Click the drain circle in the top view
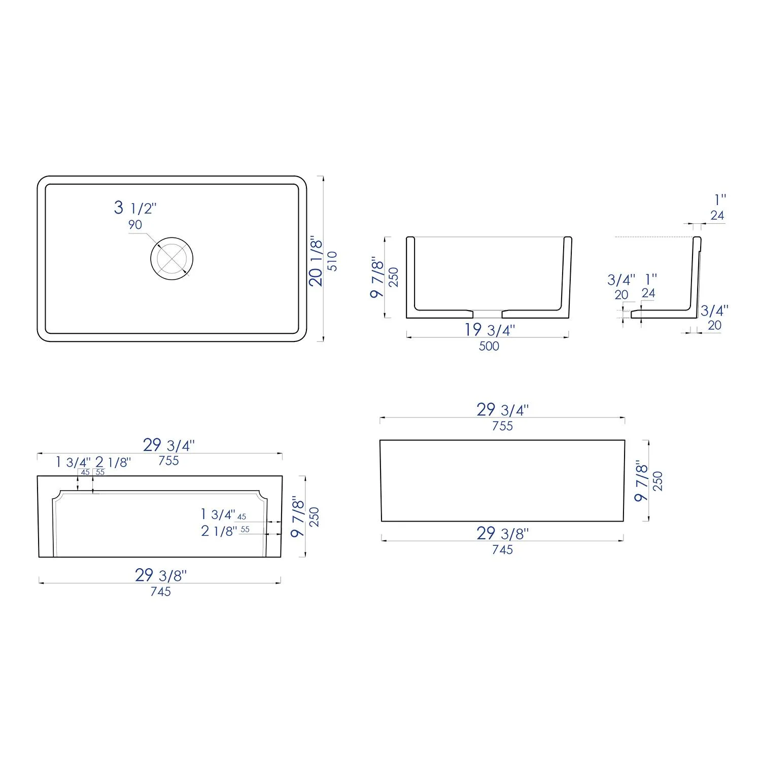coord(172,258)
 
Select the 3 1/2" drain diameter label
coord(135,207)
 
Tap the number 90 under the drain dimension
coord(135,225)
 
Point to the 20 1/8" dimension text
coord(316,261)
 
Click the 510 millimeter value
coord(332,261)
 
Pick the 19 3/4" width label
coord(490,330)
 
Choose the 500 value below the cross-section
coord(489,346)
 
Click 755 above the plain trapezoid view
coord(502,426)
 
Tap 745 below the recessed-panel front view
coord(160,592)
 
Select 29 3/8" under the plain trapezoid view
coord(502,533)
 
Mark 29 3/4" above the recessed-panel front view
coord(168,445)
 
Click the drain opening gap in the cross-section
coord(488,313)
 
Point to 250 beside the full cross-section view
coord(394,277)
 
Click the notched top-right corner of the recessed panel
coord(262,495)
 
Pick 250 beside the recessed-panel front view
coord(315,516)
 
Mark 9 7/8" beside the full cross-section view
coord(377,277)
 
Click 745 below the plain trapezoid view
coord(502,549)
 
